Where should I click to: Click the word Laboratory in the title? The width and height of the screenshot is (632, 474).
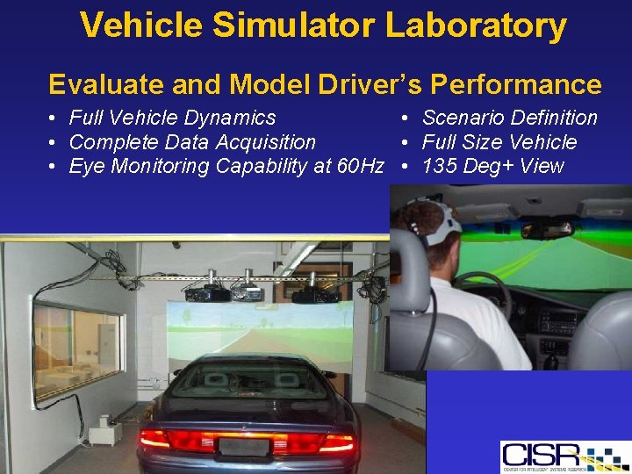pos(476,26)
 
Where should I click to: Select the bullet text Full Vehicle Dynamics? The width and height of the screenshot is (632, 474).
pos(172,118)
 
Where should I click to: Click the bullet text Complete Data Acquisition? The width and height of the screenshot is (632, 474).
pos(192,142)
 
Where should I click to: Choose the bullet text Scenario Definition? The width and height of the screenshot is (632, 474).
pos(509,118)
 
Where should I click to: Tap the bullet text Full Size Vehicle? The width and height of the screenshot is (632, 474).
pos(499,142)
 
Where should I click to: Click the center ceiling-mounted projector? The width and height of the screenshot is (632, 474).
pos(246,291)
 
